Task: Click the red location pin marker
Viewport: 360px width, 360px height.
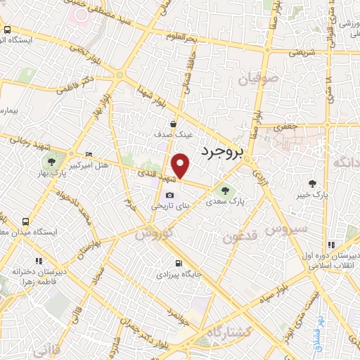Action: [x=181, y=166]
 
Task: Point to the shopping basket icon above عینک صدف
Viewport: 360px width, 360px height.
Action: [x=173, y=123]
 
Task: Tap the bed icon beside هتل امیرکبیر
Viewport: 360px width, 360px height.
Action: [x=88, y=154]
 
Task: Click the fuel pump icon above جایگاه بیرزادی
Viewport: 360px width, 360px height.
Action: [x=177, y=264]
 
